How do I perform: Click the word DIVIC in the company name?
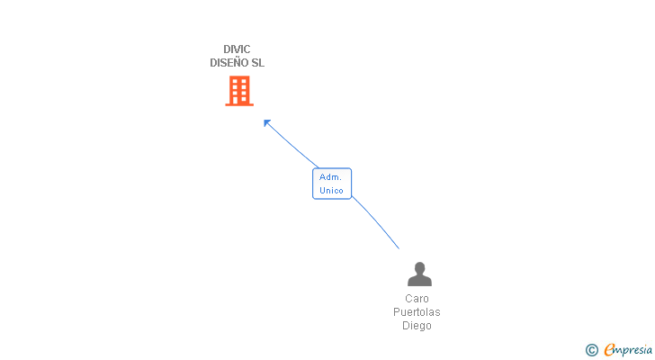237,49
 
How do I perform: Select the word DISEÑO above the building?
229,63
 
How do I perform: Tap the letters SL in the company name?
258,63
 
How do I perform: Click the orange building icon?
239,91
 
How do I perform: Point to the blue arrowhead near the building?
266,122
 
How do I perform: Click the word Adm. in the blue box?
330,177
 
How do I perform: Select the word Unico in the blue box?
331,191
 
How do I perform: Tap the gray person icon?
419,274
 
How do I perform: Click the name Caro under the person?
417,299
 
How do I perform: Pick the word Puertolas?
417,312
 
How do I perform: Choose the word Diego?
417,325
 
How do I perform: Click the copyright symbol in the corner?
591,350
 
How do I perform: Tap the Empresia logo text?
628,350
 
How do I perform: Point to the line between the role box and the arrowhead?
293,146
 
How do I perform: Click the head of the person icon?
419,267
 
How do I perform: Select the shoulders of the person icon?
419,280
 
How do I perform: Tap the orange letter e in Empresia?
609,349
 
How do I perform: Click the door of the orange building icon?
236,100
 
